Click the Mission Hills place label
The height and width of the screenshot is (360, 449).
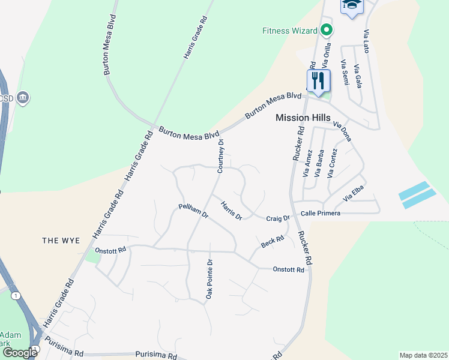(x=303, y=118)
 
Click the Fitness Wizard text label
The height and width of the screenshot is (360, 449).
(x=289, y=30)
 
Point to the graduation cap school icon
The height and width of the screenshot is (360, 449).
(x=352, y=5)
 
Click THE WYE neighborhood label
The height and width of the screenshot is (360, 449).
(x=61, y=241)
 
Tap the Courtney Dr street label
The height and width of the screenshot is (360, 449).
(x=221, y=156)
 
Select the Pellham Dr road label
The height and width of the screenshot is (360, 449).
(x=193, y=211)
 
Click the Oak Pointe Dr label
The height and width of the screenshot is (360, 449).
(x=209, y=279)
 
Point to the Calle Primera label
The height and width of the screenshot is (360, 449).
(x=320, y=213)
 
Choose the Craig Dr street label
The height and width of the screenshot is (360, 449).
(x=278, y=218)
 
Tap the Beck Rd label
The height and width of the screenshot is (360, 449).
(x=272, y=242)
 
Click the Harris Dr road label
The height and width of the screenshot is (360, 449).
(x=231, y=211)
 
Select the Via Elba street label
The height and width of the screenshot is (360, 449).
(x=354, y=194)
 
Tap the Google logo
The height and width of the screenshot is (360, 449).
(x=20, y=353)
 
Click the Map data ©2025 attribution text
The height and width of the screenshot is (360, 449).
(x=423, y=355)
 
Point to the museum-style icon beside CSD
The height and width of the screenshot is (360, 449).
(x=23, y=97)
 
